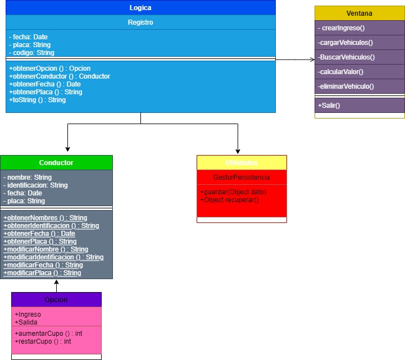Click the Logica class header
(x=140, y=8)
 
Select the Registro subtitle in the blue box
(x=140, y=22)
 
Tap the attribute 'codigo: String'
(x=32, y=53)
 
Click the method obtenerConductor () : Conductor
(x=60, y=76)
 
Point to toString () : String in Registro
(x=38, y=100)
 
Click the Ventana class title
(x=360, y=13)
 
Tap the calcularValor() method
(x=340, y=72)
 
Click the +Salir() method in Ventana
(x=330, y=106)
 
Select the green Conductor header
(x=56, y=163)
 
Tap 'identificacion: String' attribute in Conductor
(x=36, y=185)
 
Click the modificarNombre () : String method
(x=46, y=249)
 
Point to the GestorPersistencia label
(x=242, y=177)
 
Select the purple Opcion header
(x=56, y=300)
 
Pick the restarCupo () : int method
(x=43, y=341)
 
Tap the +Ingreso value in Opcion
(x=28, y=315)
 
